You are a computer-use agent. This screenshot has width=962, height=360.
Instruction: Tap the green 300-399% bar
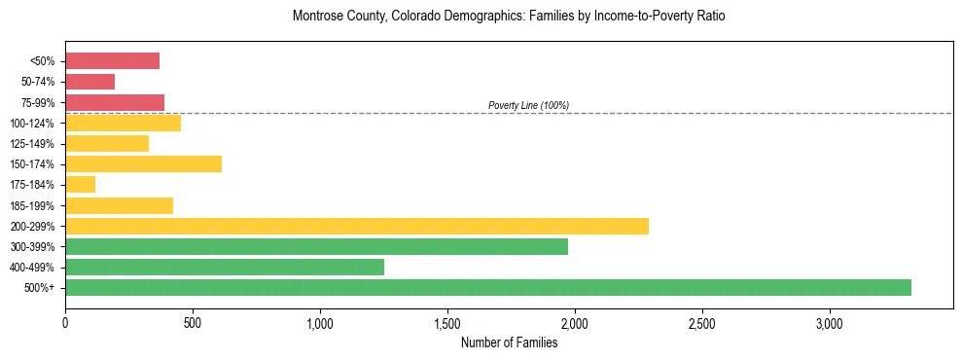(316, 246)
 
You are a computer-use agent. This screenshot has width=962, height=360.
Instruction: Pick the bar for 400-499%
(225, 267)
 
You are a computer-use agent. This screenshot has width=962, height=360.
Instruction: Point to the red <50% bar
(112, 61)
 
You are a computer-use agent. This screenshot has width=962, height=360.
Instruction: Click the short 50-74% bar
(89, 82)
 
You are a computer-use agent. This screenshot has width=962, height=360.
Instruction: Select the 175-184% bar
(80, 185)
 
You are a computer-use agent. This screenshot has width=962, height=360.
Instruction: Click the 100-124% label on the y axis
(37, 124)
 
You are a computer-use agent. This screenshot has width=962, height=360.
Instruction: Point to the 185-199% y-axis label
(37, 205)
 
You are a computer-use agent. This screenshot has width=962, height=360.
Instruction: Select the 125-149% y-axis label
(37, 144)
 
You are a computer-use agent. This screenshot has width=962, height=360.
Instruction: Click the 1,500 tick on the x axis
(447, 323)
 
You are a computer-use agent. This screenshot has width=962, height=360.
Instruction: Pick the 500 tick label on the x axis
(193, 323)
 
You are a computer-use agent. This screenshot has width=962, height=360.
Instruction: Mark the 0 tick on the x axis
(65, 323)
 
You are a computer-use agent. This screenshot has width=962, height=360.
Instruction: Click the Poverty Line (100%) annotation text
(528, 105)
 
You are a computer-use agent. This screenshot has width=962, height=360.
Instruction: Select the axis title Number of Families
(509, 342)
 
